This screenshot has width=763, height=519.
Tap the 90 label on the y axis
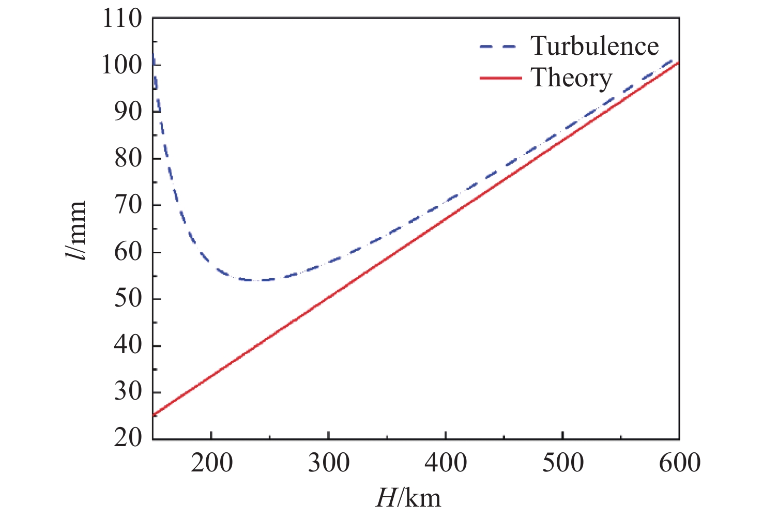pyautogui.click(x=128, y=112)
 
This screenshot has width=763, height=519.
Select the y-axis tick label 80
pyautogui.click(x=128, y=158)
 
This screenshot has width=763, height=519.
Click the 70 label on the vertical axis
pyautogui.click(x=128, y=205)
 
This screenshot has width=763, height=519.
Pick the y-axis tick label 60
pyautogui.click(x=128, y=252)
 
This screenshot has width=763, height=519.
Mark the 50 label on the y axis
pyautogui.click(x=128, y=299)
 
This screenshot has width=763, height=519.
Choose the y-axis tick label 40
pyautogui.click(x=128, y=345)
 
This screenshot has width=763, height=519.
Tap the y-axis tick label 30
pyautogui.click(x=128, y=392)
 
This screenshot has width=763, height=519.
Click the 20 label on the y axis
pyautogui.click(x=128, y=438)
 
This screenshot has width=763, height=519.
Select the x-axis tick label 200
pyautogui.click(x=211, y=463)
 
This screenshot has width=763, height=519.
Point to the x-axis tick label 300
pyautogui.click(x=329, y=463)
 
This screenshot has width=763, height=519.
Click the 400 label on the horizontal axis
pyautogui.click(x=446, y=463)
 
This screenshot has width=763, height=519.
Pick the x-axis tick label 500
pyautogui.click(x=563, y=463)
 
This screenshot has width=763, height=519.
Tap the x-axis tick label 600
pyautogui.click(x=679, y=463)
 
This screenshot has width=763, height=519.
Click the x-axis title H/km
pyautogui.click(x=408, y=498)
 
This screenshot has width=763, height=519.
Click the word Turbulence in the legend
pyautogui.click(x=594, y=47)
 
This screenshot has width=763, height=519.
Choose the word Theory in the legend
pyautogui.click(x=571, y=78)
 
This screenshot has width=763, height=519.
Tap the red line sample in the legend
pyautogui.click(x=500, y=78)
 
